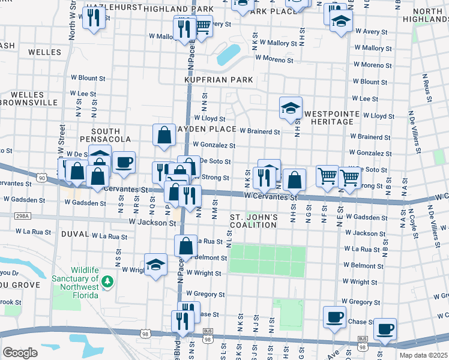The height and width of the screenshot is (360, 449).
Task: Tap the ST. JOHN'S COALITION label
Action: point(253,221)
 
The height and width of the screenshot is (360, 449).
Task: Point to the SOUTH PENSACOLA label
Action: point(110,135)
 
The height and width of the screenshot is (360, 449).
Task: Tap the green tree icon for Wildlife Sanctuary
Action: point(107,281)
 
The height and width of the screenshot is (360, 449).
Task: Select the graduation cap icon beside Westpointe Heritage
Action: point(291,108)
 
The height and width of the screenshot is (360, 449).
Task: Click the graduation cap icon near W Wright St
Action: point(155,265)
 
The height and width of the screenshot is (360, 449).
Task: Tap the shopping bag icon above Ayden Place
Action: point(164,136)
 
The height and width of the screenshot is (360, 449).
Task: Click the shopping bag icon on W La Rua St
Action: point(185,245)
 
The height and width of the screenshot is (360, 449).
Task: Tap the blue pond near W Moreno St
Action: point(228,55)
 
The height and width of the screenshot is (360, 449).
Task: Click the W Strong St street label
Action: point(215,178)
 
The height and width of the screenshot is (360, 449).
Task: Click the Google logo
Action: point(20,352)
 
